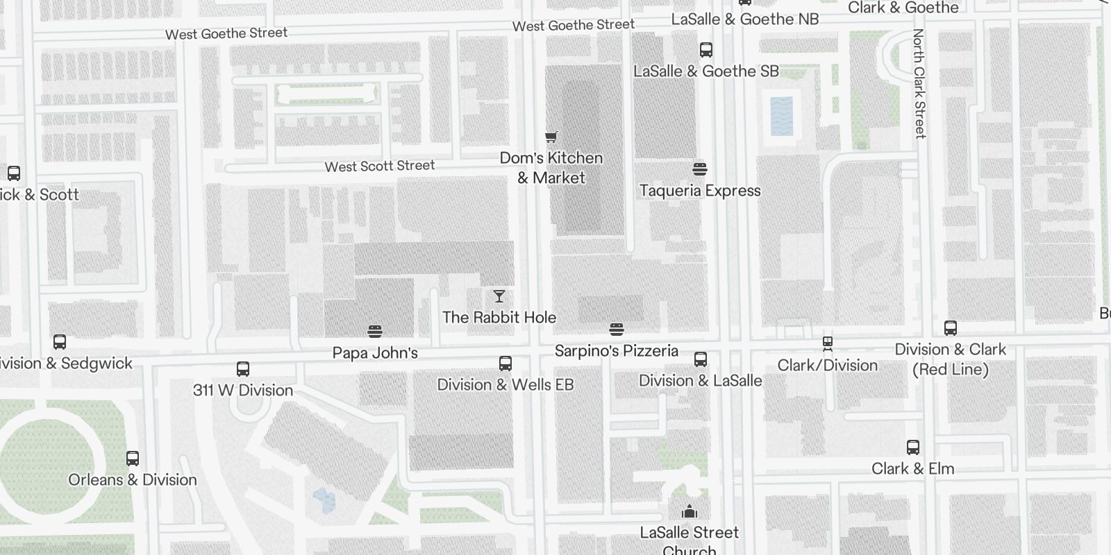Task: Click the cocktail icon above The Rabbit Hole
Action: click(499, 297)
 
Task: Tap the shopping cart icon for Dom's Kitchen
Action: click(551, 137)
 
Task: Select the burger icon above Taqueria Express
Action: click(700, 169)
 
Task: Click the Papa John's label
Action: click(375, 352)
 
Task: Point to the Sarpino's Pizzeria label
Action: click(616, 350)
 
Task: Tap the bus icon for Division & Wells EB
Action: click(506, 364)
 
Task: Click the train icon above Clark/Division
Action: click(828, 343)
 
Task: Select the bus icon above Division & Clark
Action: click(951, 328)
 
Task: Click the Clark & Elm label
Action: click(912, 468)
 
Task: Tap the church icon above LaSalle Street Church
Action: click(690, 511)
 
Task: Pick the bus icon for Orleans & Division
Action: click(133, 459)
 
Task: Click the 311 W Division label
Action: click(243, 390)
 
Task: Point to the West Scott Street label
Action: click(380, 166)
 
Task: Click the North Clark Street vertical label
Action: click(919, 83)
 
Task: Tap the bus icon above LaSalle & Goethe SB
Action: click(706, 50)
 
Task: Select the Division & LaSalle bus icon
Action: click(701, 359)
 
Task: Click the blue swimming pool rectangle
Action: click(781, 116)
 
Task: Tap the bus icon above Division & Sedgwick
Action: click(60, 342)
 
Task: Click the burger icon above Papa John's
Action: click(375, 331)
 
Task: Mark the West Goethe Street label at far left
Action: click(226, 33)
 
